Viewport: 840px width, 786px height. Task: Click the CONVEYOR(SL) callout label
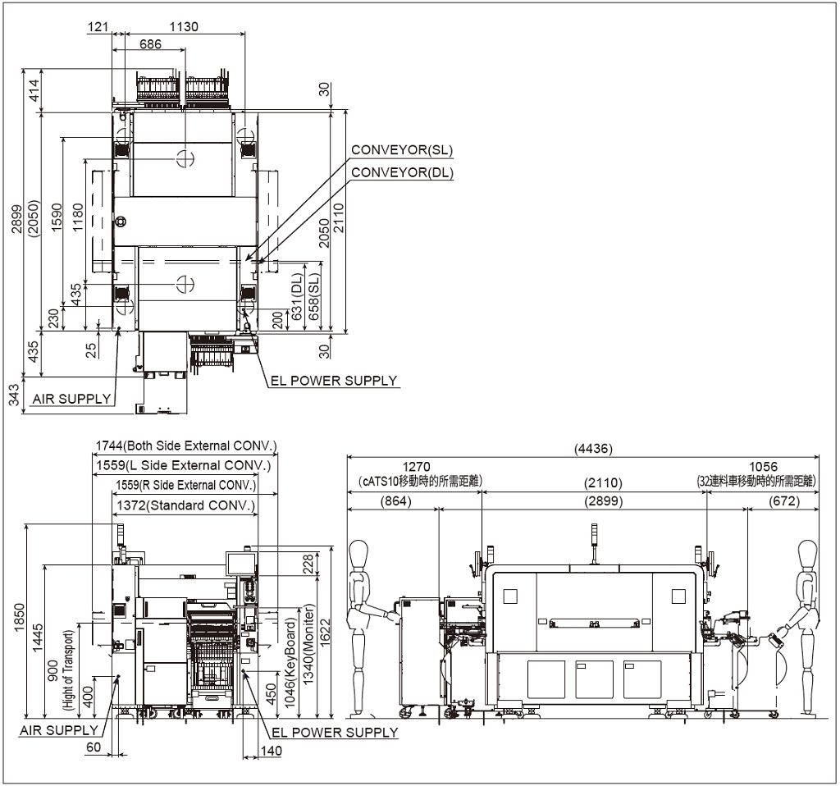point(402,149)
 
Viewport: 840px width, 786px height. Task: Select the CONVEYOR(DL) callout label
point(402,172)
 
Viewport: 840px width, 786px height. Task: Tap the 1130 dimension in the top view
point(184,26)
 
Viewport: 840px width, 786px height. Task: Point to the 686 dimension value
point(150,44)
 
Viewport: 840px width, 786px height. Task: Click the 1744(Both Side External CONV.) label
point(186,446)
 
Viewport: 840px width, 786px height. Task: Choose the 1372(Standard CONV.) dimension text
point(185,505)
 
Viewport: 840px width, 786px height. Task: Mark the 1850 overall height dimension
point(19,618)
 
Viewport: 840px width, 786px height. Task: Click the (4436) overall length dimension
point(593,448)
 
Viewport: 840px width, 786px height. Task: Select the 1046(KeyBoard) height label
point(290,663)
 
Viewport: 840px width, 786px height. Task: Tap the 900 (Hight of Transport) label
point(60,670)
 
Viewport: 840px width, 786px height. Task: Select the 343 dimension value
point(15,395)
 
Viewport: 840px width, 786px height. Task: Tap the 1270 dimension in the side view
point(416,467)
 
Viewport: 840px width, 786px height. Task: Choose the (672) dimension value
point(783,501)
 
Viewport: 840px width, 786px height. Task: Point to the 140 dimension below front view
point(271,751)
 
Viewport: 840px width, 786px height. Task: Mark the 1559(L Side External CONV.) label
point(183,465)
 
